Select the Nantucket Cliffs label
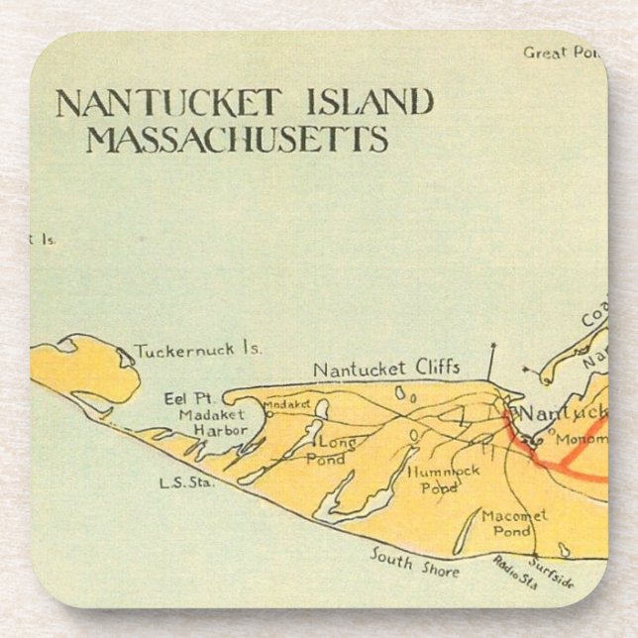point(386,369)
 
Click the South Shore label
point(415,563)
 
